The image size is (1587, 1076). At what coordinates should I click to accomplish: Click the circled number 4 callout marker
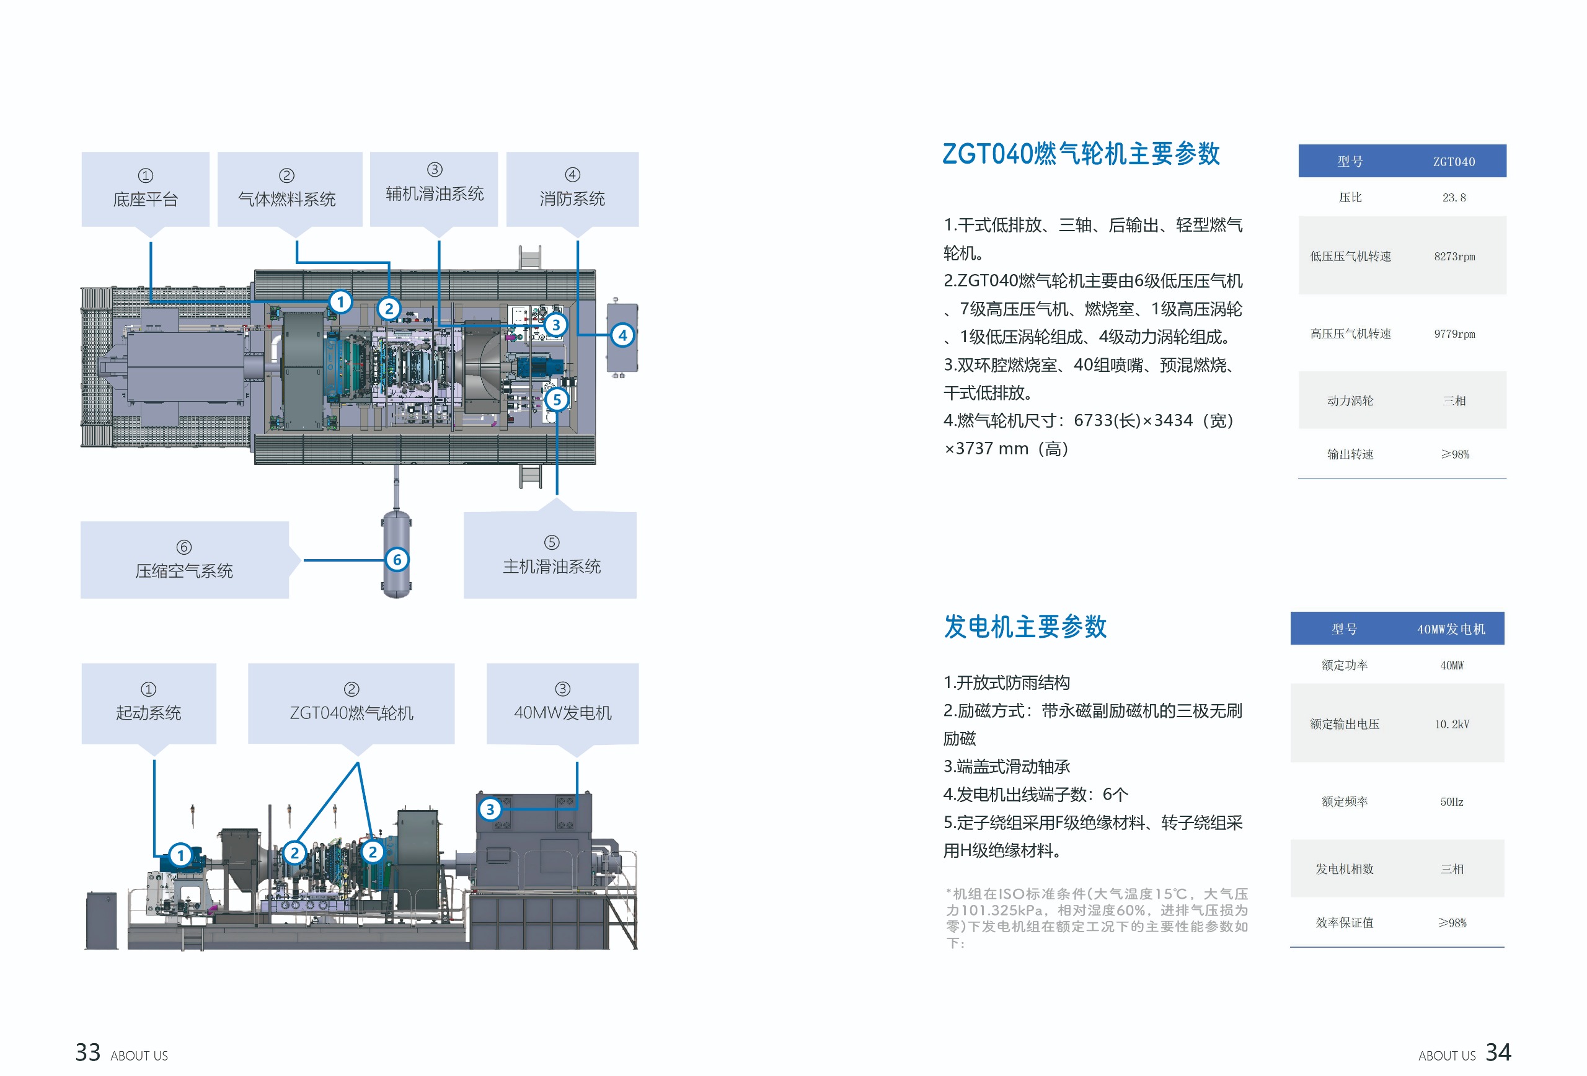[x=622, y=335]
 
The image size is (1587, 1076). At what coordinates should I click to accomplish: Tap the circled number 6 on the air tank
[x=397, y=560]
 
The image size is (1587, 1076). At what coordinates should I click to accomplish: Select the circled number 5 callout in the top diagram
[x=557, y=399]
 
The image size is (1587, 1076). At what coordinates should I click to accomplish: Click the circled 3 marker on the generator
[x=490, y=809]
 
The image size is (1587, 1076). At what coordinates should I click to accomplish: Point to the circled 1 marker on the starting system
[x=180, y=855]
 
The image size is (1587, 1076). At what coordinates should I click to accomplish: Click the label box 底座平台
[x=146, y=189]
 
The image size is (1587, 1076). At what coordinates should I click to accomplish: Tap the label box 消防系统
[x=572, y=189]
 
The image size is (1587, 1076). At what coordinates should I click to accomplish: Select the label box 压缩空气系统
[x=184, y=560]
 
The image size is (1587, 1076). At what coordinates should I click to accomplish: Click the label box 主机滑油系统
[x=551, y=555]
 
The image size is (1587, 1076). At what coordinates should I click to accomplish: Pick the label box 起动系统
[x=148, y=703]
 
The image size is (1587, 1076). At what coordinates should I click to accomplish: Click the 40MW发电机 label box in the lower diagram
[x=562, y=703]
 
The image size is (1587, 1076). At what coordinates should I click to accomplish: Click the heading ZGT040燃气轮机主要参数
[x=1081, y=154]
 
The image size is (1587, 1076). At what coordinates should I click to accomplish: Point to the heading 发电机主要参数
[x=1024, y=626]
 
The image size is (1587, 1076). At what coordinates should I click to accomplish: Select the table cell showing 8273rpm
[x=1454, y=257]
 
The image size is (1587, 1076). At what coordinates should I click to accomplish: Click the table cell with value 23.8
[x=1454, y=197]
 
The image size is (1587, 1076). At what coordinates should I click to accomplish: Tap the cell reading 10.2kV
[x=1451, y=724]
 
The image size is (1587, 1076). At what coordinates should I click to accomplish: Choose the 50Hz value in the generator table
[x=1451, y=801]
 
